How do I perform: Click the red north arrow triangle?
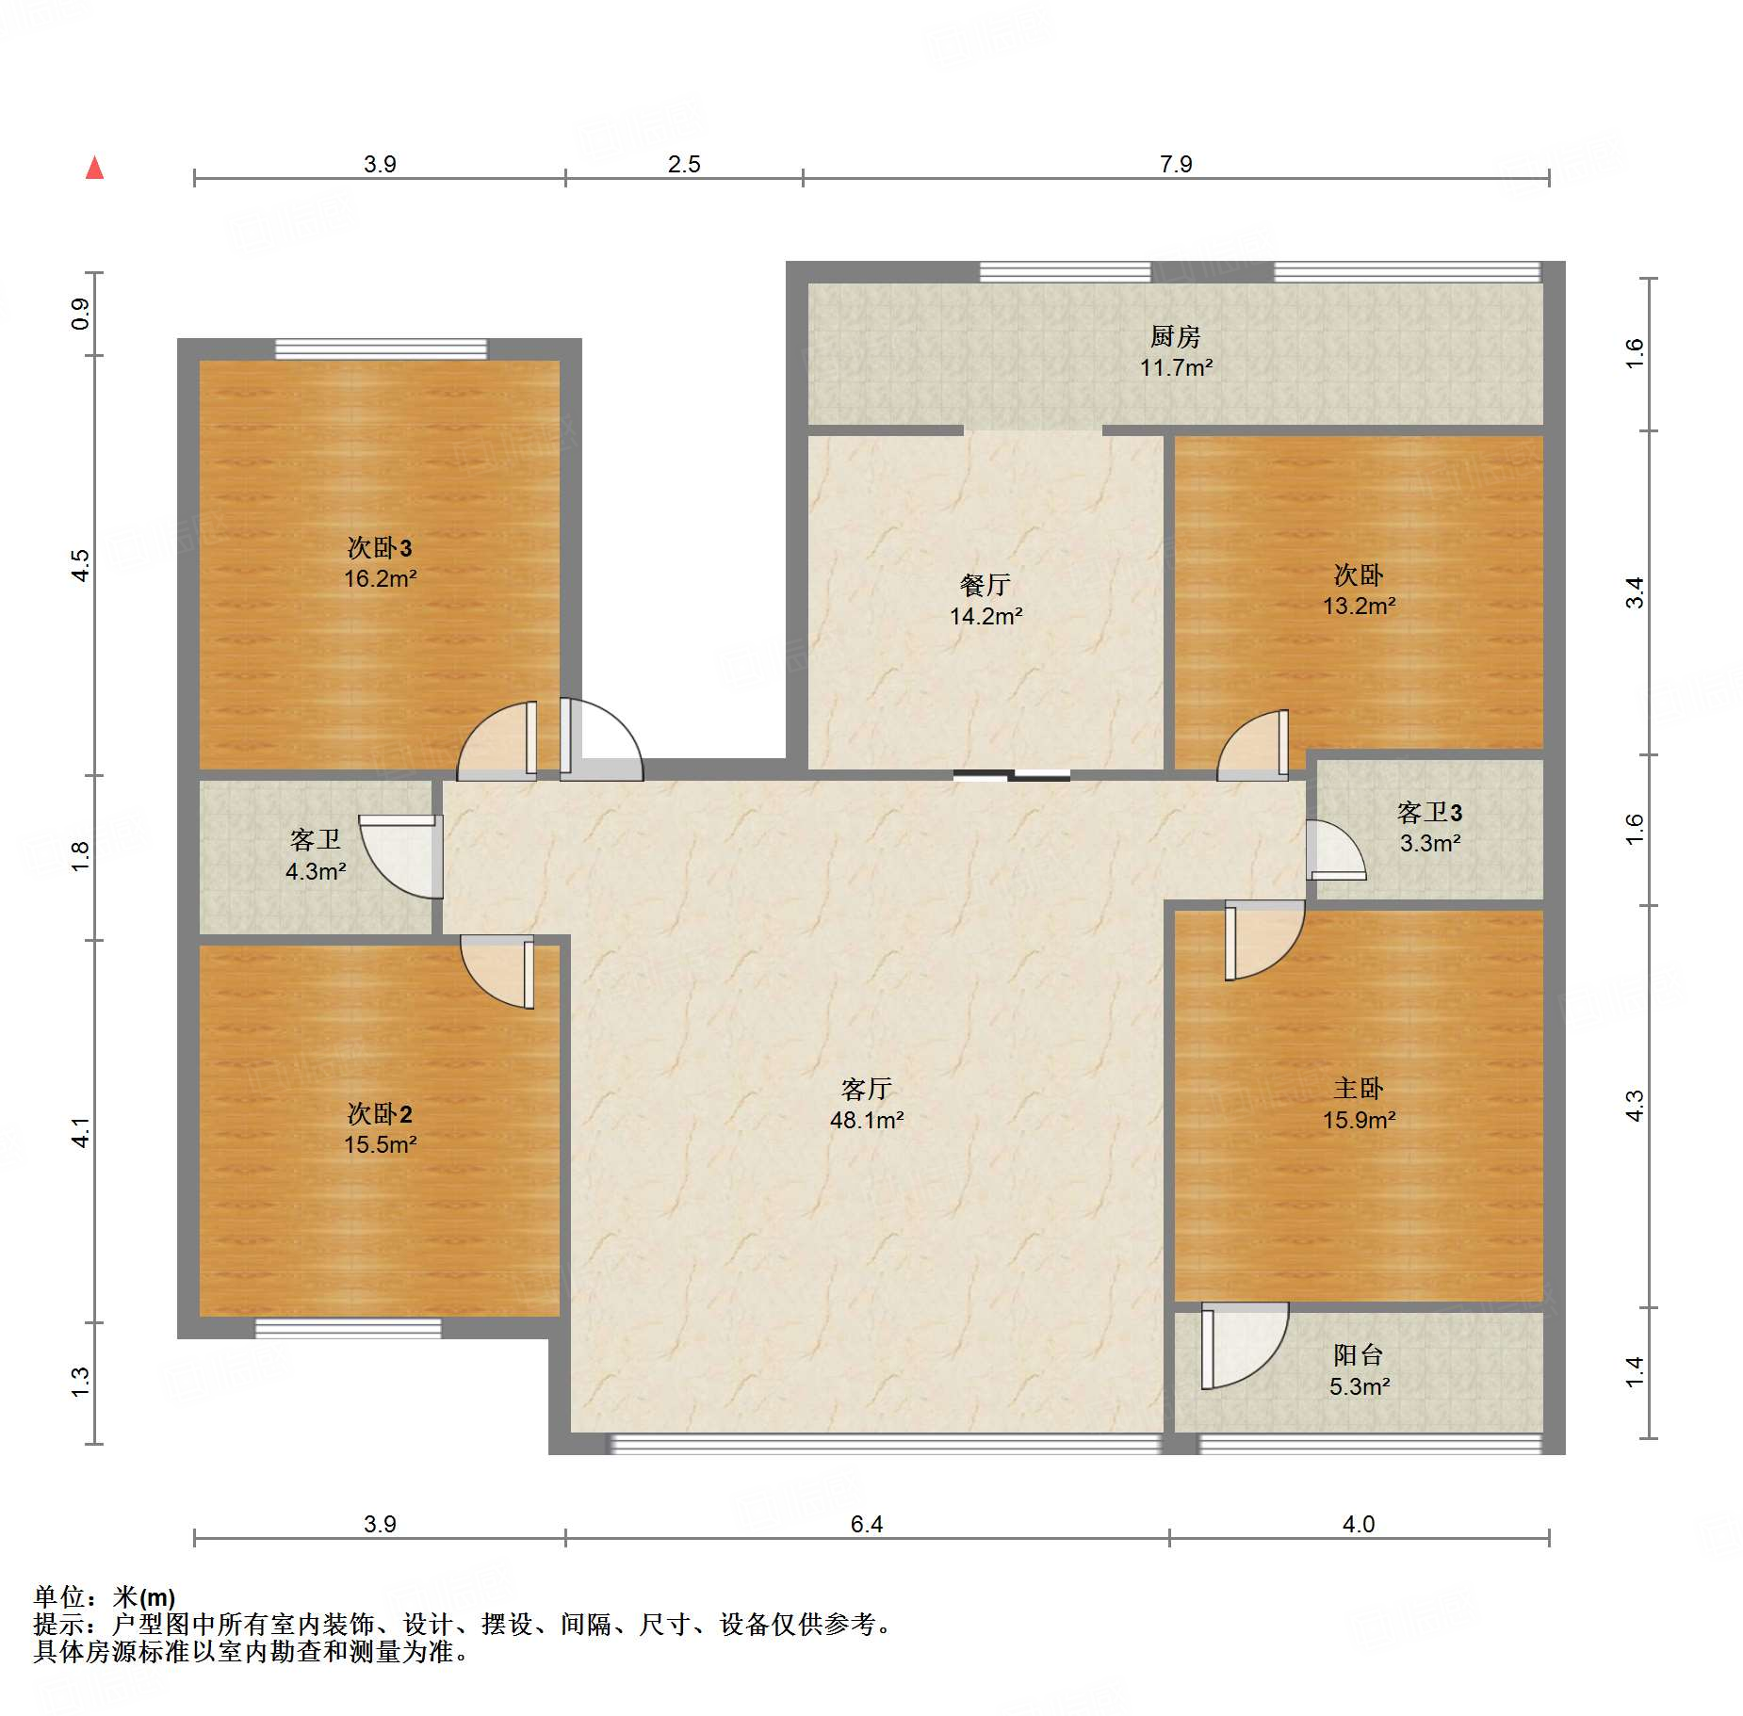pos(94,168)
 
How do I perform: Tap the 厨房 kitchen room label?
pos(1175,336)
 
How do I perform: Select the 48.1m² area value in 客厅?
pos(866,1120)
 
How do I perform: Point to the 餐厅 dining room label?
pos(985,585)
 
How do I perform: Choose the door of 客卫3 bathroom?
pos(1334,851)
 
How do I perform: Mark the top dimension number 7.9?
pos(1176,164)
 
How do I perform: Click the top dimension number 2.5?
pos(684,164)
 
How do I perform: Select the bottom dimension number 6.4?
pos(866,1524)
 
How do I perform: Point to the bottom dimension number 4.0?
pos(1358,1524)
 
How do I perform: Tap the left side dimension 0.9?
pos(81,314)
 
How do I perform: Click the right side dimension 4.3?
pos(1635,1105)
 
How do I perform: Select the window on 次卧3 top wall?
pos(381,348)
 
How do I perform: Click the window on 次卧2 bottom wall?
pos(348,1328)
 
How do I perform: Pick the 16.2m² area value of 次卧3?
pos(380,578)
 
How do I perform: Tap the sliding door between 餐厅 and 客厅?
pos(1011,776)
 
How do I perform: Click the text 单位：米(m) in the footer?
pos(105,1597)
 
